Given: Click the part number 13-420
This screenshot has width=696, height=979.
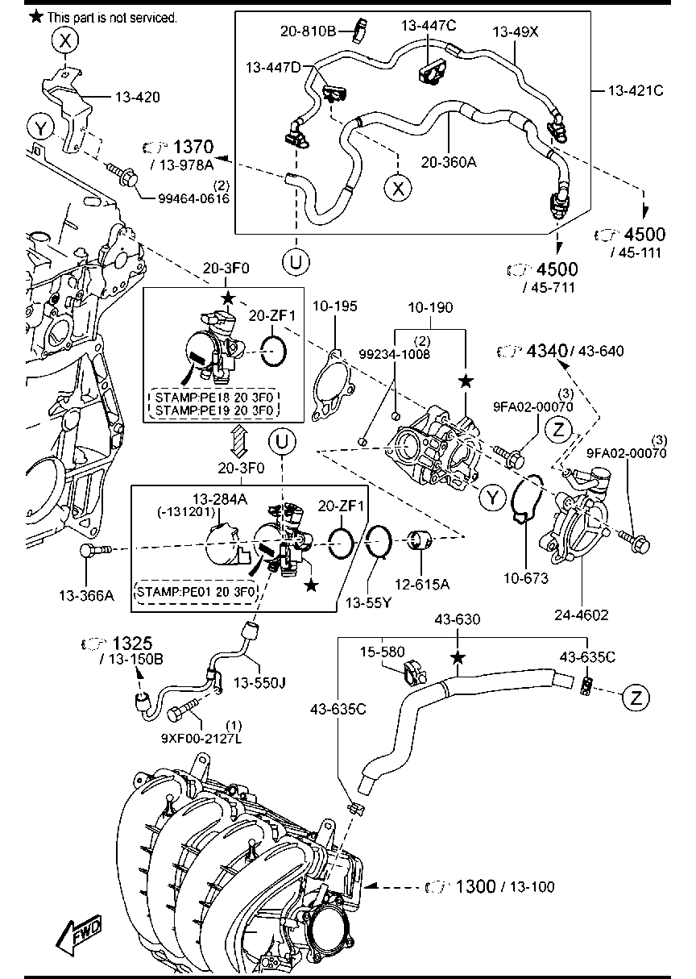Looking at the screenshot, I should (137, 98).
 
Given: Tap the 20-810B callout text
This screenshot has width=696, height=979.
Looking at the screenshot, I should (309, 31).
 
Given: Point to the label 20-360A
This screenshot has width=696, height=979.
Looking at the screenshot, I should (449, 161).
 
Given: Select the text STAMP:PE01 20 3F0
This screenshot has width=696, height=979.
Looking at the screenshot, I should (197, 591).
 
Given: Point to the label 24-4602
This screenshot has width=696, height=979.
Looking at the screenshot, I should (582, 614).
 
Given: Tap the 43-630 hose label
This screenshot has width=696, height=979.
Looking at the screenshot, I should (457, 619).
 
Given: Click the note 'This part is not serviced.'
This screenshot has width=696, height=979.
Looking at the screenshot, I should (111, 16).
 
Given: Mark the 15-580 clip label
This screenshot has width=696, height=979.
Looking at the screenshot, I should (382, 650).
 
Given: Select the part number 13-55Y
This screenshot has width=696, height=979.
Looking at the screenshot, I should (368, 601).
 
